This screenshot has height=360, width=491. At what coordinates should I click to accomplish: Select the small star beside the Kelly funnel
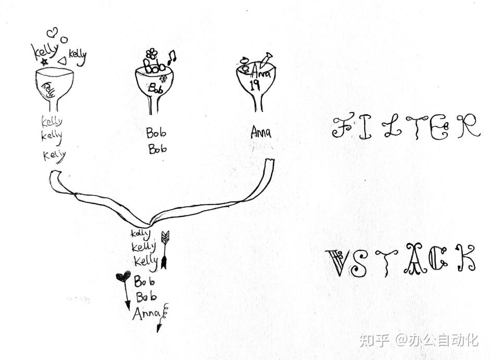pyautogui.click(x=44, y=62)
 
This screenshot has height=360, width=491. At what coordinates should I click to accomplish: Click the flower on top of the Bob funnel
pyautogui.click(x=152, y=53)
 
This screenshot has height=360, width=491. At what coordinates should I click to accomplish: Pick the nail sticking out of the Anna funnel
pyautogui.click(x=267, y=58)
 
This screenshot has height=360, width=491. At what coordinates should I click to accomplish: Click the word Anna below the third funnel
pyautogui.click(x=260, y=133)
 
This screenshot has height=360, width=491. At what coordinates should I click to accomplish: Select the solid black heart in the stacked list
pyautogui.click(x=123, y=277)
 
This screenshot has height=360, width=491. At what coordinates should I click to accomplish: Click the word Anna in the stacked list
pyautogui.click(x=146, y=314)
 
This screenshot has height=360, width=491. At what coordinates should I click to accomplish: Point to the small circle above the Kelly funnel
pyautogui.click(x=64, y=39)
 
